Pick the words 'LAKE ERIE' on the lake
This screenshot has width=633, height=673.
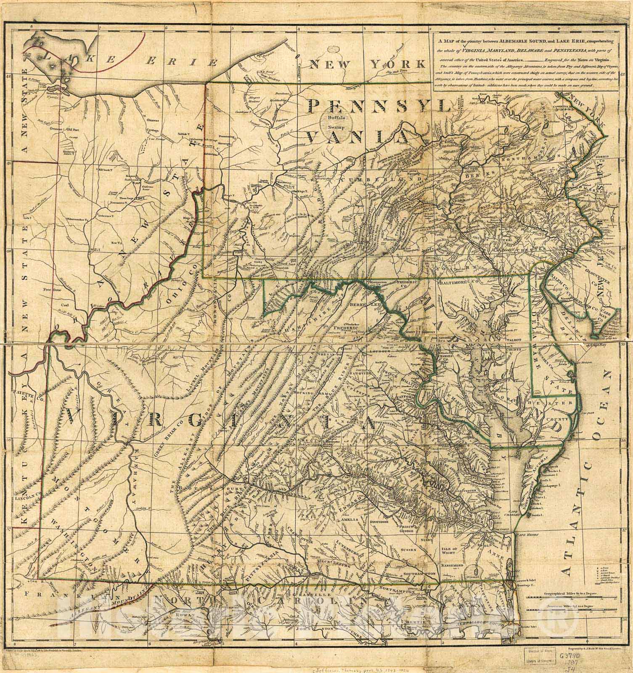(x=126, y=59)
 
